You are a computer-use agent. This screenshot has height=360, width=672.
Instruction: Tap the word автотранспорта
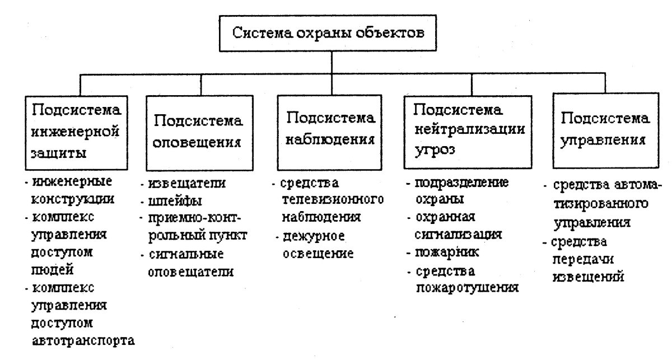tap(82, 340)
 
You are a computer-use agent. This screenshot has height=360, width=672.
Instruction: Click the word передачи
tap(584, 260)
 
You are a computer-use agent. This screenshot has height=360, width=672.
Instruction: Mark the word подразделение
tap(461, 184)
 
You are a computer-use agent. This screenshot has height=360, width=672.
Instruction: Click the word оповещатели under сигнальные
tap(190, 272)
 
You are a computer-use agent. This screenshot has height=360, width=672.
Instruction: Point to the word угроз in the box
tap(435, 149)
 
